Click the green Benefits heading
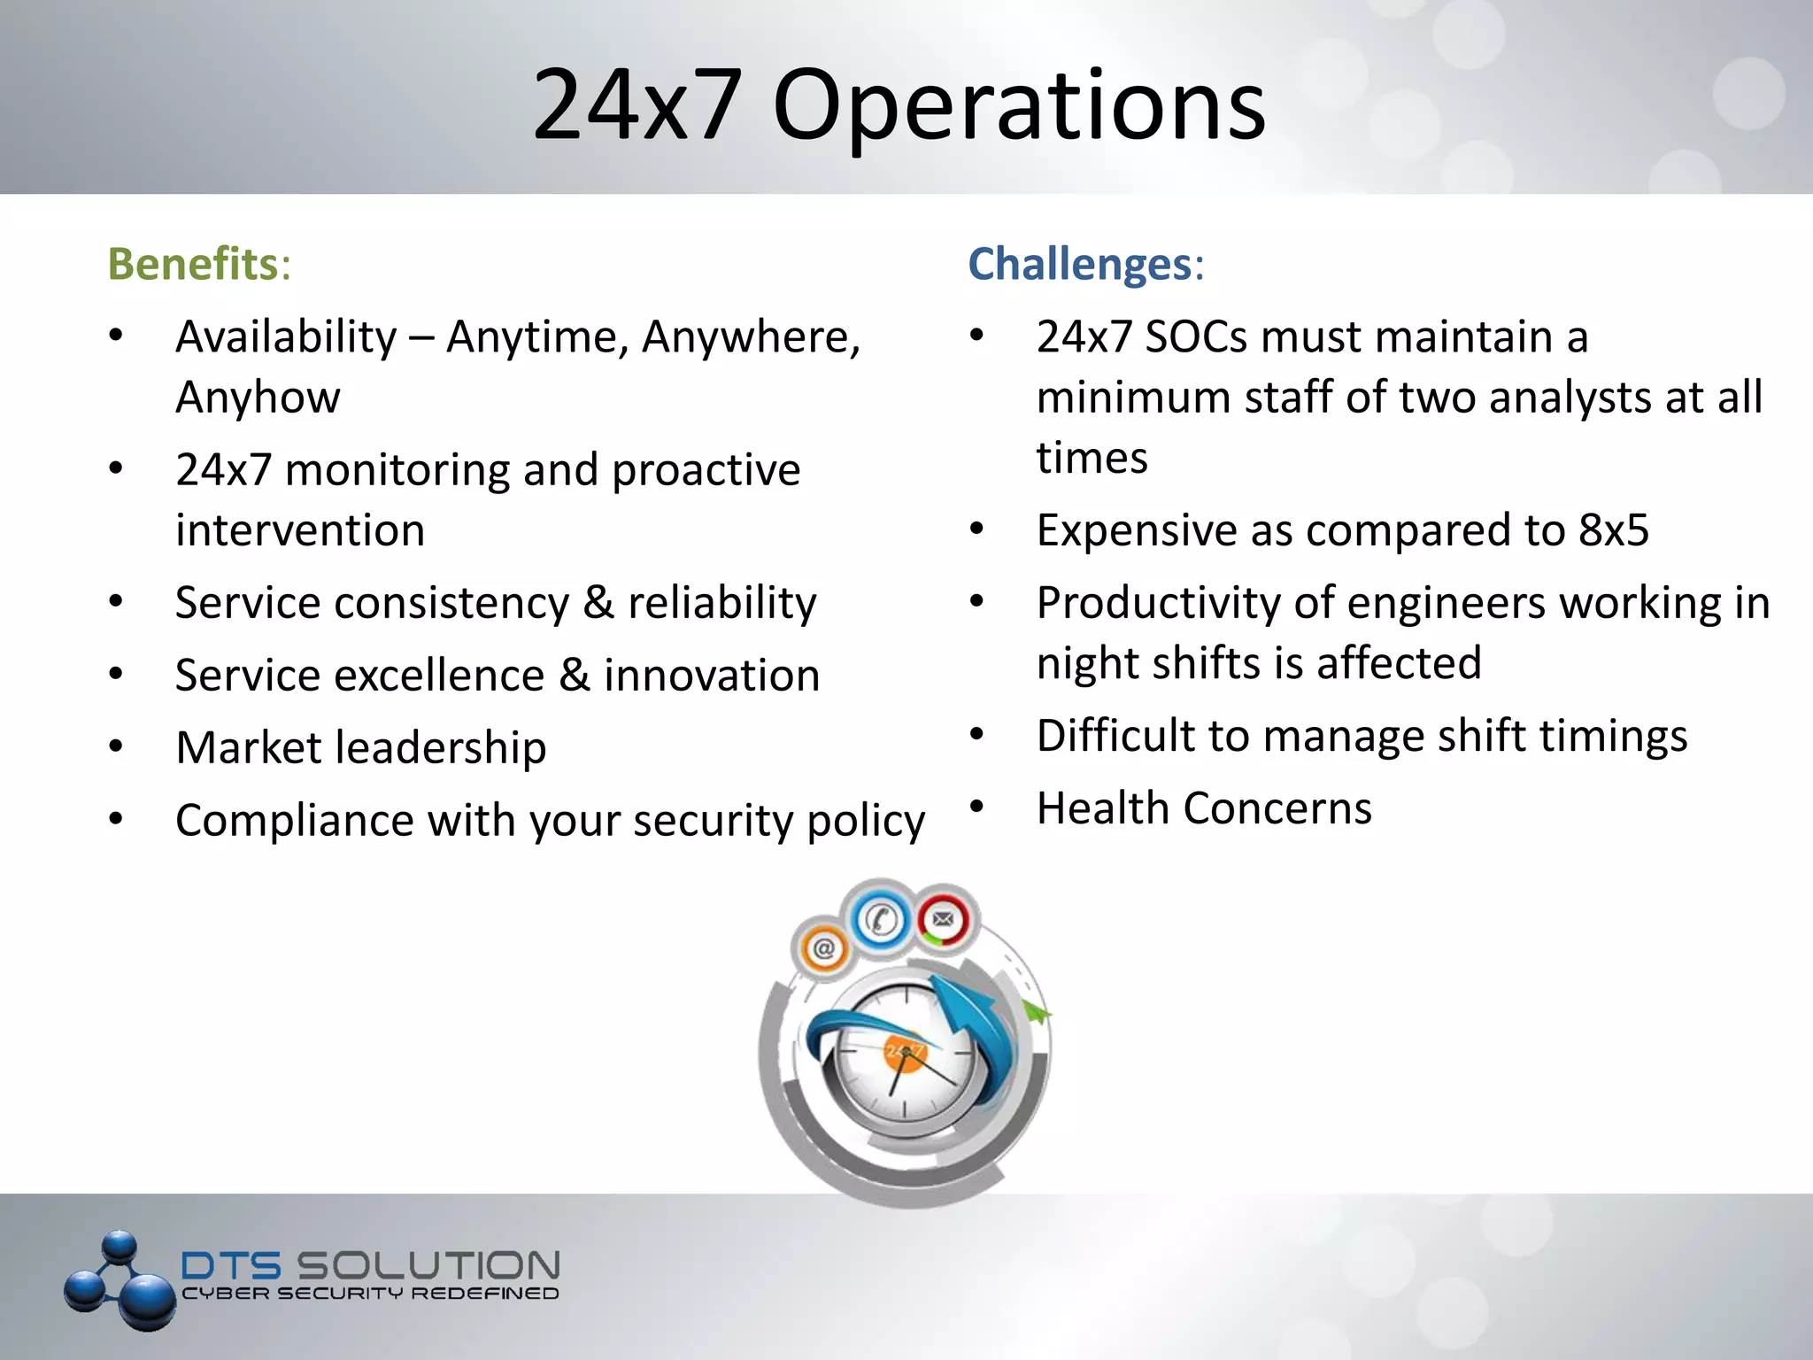point(193,264)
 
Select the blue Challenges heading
point(1080,264)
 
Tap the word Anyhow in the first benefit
point(258,398)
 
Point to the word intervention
point(300,530)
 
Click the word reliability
point(721,603)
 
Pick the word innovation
point(712,676)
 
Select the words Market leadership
point(361,748)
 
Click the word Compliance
point(294,821)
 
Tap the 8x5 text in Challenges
point(1614,530)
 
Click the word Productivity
point(1158,603)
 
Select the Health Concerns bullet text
point(1204,808)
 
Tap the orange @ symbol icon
point(823,949)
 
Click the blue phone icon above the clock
point(881,919)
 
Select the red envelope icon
point(944,919)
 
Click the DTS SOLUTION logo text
point(370,1265)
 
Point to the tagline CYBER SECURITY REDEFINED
point(370,1294)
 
